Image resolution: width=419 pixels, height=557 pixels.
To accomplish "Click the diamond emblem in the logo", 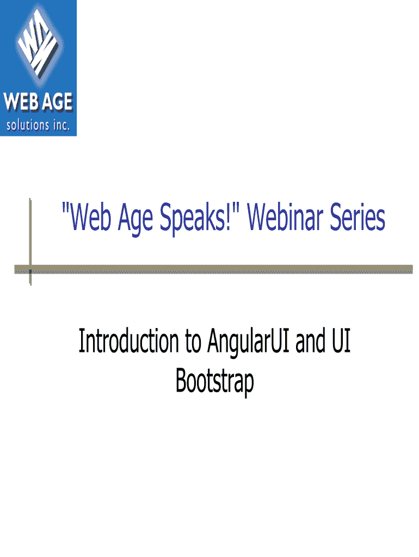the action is point(39,45).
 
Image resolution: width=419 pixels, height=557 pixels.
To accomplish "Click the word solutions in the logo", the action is point(28,125).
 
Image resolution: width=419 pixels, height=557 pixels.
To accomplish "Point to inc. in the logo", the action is point(61,125).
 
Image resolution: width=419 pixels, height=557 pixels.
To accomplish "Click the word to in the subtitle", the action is point(193,342).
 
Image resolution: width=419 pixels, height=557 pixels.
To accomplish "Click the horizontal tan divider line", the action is point(214,269).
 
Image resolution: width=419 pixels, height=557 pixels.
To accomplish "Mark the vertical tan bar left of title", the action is point(30,242).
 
